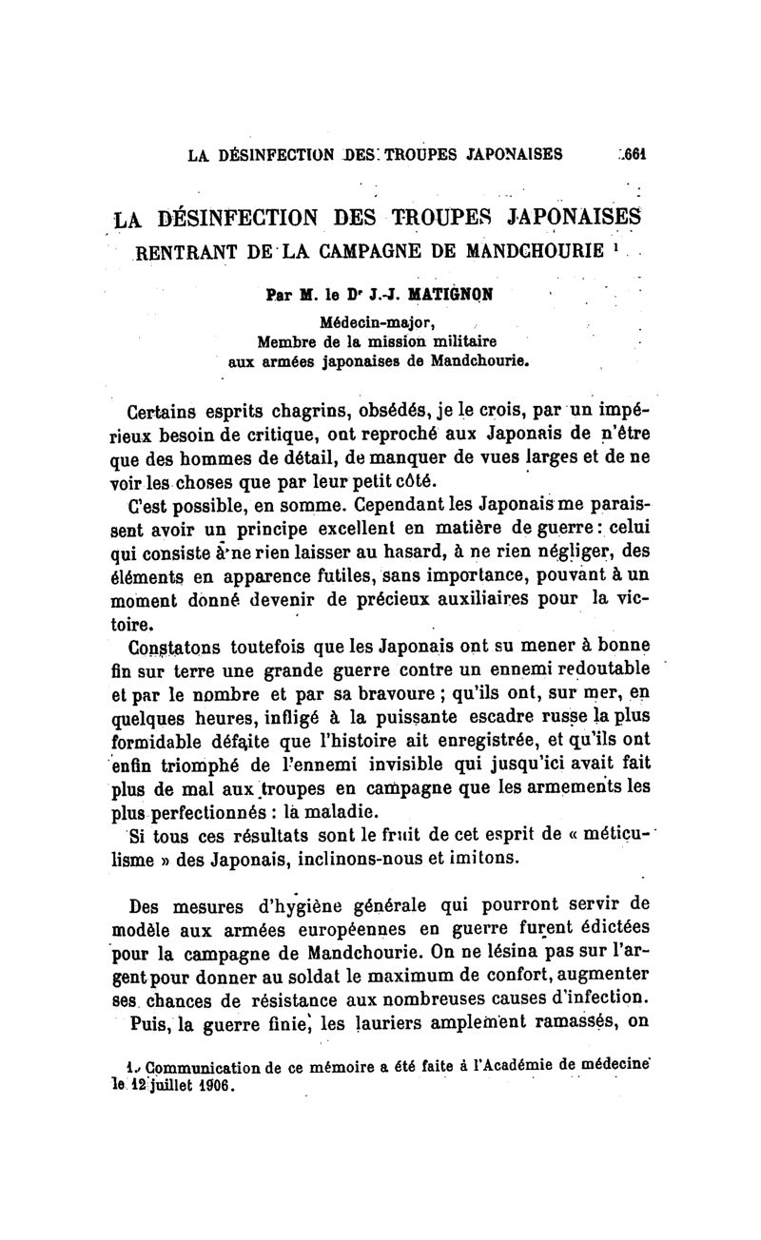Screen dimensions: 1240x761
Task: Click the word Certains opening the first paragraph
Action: (x=163, y=413)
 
